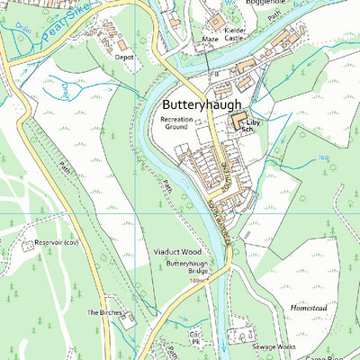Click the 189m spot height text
(x=198, y=281)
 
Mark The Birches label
(x=103, y=312)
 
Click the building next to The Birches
(x=129, y=319)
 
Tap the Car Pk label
(x=193, y=337)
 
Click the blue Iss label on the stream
(x=324, y=158)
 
